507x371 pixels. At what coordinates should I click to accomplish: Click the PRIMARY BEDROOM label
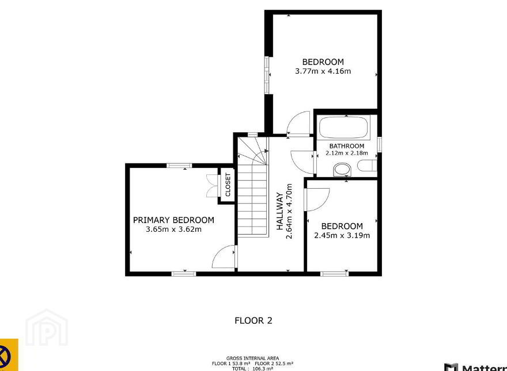click(173, 220)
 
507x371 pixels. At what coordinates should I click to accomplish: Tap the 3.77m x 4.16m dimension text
click(323, 71)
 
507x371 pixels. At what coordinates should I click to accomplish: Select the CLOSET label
click(228, 185)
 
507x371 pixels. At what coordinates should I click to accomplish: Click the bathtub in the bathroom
click(343, 127)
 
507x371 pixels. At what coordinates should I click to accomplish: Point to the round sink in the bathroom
click(342, 170)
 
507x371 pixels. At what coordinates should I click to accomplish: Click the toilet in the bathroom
click(367, 165)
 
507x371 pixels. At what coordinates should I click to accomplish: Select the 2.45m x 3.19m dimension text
click(342, 235)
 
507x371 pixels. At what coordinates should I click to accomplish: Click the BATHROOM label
click(347, 146)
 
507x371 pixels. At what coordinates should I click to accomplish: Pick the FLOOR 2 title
click(253, 320)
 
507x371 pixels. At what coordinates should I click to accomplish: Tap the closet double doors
click(212, 186)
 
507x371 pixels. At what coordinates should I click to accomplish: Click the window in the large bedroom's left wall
click(267, 75)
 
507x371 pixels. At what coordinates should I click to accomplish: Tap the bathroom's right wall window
click(379, 144)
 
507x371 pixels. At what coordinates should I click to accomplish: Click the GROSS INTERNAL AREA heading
click(252, 358)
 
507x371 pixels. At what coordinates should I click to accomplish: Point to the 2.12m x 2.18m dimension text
click(347, 153)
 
